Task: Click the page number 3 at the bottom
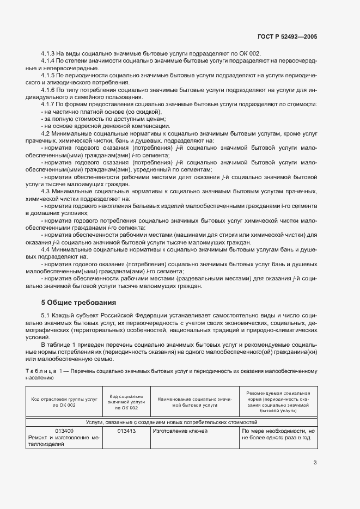pos(315,463)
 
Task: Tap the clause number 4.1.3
pos(49,53)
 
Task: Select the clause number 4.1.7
pos(49,104)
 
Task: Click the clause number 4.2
pos(46,133)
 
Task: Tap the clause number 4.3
pos(46,191)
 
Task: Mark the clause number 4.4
pos(46,248)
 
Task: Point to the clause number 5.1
pos(46,316)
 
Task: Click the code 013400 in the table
pos(64,431)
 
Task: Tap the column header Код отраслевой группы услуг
pos(64,402)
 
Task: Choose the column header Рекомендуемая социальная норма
pos(278,402)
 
